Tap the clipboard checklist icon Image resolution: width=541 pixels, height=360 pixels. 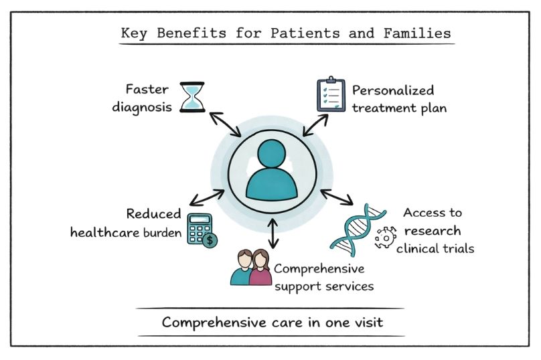(x=330, y=96)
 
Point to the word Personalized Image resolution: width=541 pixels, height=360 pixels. (x=393, y=90)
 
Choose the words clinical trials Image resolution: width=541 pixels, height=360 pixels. (x=435, y=249)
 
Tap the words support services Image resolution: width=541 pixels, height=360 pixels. (x=323, y=286)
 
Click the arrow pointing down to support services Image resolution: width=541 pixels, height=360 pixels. (x=273, y=232)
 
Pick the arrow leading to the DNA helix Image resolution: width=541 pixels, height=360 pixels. (x=337, y=197)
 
